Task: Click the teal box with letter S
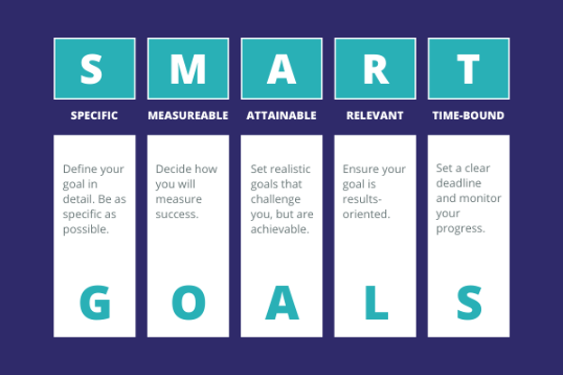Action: point(95,69)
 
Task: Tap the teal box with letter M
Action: point(188,69)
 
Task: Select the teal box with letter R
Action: point(374,69)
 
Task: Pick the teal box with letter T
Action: point(468,69)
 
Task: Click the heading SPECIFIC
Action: point(95,116)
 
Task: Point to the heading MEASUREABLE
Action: point(188,116)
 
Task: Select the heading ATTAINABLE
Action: point(281,116)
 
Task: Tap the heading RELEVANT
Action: point(374,116)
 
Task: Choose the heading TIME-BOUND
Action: point(468,116)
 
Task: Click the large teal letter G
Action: point(95,303)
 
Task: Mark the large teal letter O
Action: point(188,303)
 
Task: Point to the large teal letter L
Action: point(374,303)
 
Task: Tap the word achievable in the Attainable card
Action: point(280,230)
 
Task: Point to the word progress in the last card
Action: point(460,228)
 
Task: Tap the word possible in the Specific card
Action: point(85,230)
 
